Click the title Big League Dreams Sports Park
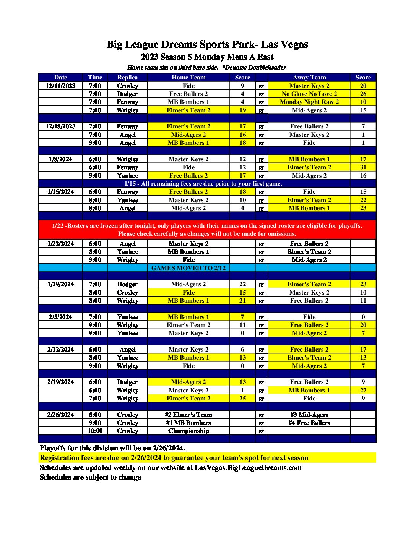207,45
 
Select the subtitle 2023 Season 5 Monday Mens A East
207,57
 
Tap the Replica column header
127,77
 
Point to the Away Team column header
309,77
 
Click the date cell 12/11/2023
60,86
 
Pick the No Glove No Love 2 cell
309,94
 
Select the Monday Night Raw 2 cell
309,102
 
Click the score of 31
363,167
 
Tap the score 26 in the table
363,94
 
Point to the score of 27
363,390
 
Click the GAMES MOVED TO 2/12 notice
188,268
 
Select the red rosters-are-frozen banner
207,230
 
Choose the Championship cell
188,431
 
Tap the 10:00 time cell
95,431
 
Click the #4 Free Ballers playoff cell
309,423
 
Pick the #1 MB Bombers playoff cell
188,423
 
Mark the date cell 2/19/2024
60,382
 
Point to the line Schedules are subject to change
90,477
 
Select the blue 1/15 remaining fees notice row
203,183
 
